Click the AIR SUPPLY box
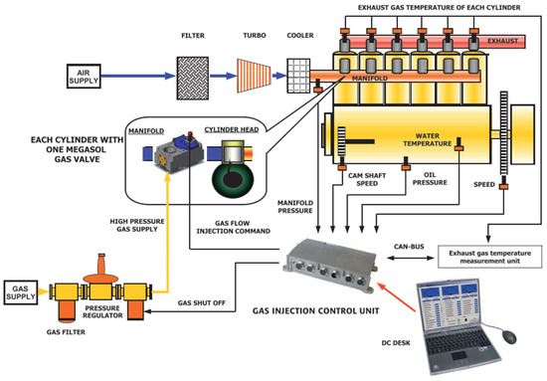[84, 76]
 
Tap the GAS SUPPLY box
[21, 292]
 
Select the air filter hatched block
[193, 79]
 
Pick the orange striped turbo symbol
[254, 76]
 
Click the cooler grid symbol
[298, 76]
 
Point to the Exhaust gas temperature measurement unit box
[489, 257]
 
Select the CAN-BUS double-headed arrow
[410, 259]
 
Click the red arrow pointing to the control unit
[397, 296]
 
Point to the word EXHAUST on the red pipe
[502, 41]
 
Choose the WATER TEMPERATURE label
[428, 139]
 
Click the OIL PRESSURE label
[430, 179]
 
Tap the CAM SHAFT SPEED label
[367, 179]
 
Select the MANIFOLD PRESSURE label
[295, 207]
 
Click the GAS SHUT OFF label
[202, 302]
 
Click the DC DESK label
[396, 343]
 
